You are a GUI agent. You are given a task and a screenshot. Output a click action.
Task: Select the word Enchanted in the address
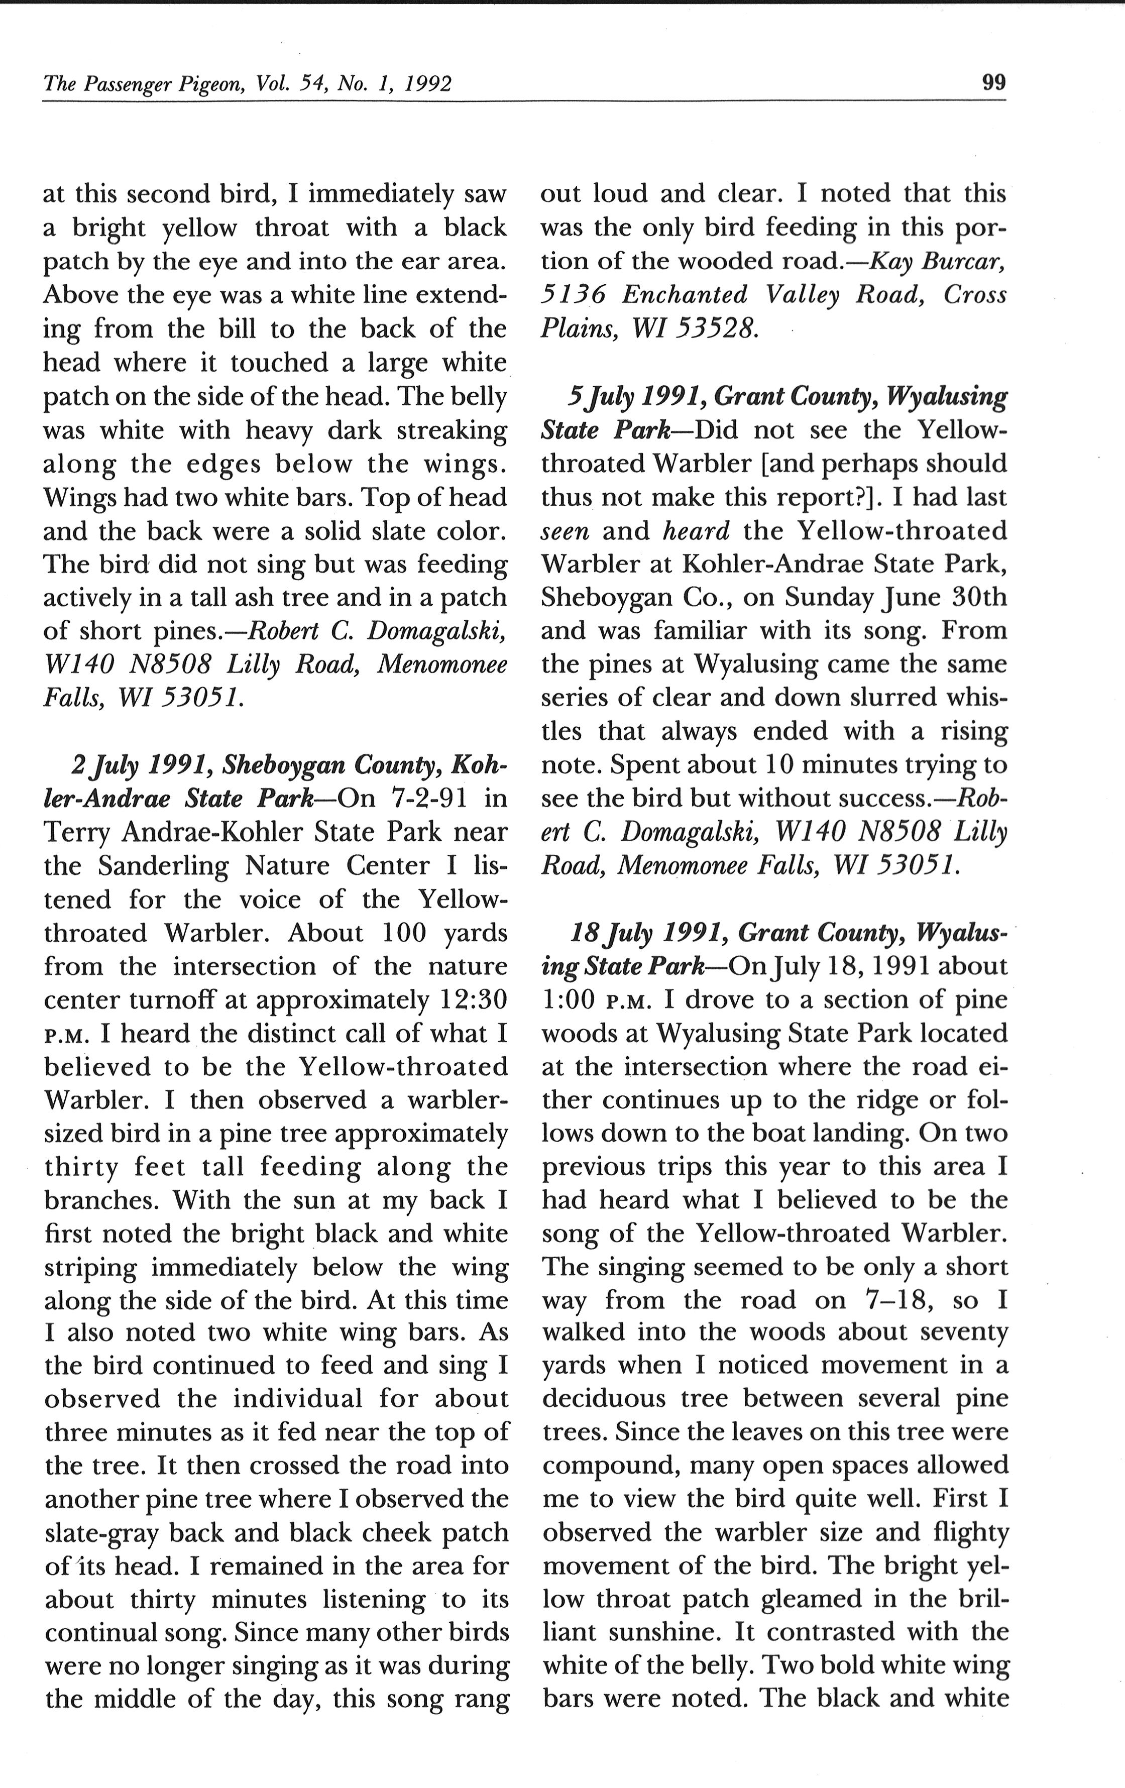(685, 295)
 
